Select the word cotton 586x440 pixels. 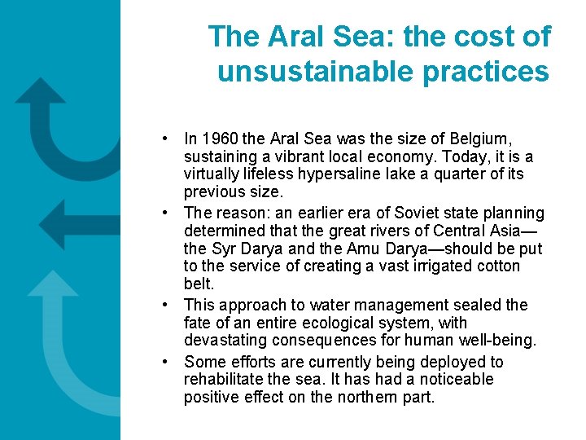(494, 266)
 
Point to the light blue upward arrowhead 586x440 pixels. (52, 283)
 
